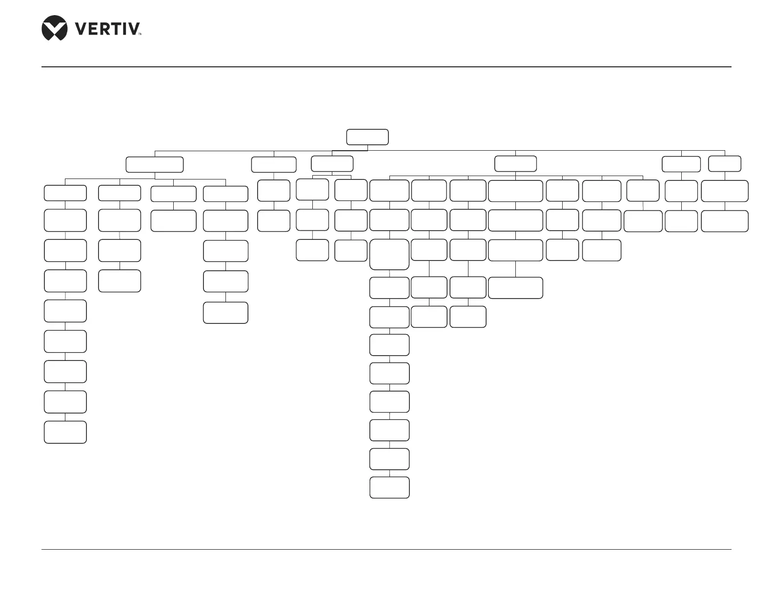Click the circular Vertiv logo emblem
pyautogui.click(x=54, y=28)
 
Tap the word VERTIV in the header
pyautogui.click(x=107, y=29)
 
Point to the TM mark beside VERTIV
pyautogui.click(x=140, y=35)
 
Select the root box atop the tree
pyautogui.click(x=367, y=137)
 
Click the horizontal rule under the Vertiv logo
pyautogui.click(x=386, y=67)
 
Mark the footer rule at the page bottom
pyautogui.click(x=386, y=550)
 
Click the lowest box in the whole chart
pyautogui.click(x=389, y=488)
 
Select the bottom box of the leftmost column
pyautogui.click(x=65, y=432)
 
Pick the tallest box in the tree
pyautogui.click(x=389, y=254)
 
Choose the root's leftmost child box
pyautogui.click(x=155, y=164)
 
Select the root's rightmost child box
pyautogui.click(x=725, y=164)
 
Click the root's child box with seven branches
pyautogui.click(x=515, y=163)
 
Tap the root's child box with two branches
pyautogui.click(x=332, y=163)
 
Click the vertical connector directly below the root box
pyautogui.click(x=367, y=148)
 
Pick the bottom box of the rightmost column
pyautogui.click(x=725, y=221)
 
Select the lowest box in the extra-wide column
pyautogui.click(x=515, y=288)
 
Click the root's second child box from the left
pyautogui.click(x=274, y=164)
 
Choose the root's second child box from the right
pyautogui.click(x=681, y=164)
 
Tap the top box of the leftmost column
pyautogui.click(x=65, y=193)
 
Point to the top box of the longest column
pyautogui.click(x=389, y=190)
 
